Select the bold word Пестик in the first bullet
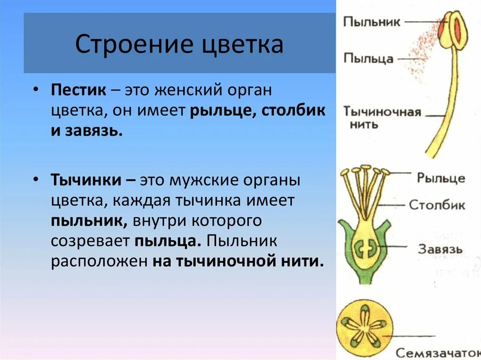(78, 91)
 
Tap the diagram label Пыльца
(368, 58)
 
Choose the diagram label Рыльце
(441, 178)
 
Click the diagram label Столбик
(437, 205)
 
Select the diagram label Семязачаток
(437, 352)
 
